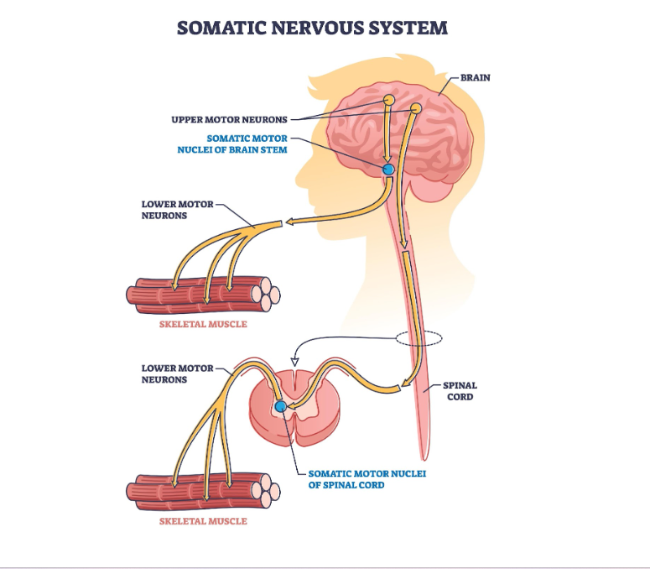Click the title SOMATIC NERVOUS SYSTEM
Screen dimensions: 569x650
tap(312, 28)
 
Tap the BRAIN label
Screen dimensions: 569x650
tap(475, 78)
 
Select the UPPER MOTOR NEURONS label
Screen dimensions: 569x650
tap(229, 119)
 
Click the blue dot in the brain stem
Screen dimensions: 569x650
tap(388, 170)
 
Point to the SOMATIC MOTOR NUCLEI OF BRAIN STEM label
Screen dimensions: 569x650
tap(247, 144)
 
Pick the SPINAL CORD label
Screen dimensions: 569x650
tap(460, 391)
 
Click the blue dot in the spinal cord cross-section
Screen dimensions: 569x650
tap(280, 407)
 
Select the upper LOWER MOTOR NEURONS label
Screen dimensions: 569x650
tap(176, 209)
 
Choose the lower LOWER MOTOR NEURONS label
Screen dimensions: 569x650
tap(176, 373)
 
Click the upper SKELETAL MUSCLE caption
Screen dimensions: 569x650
tap(204, 324)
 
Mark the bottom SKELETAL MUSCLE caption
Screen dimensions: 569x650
tap(204, 521)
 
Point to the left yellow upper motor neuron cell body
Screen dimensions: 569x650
tap(389, 101)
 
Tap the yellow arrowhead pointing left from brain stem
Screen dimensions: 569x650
tap(288, 223)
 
